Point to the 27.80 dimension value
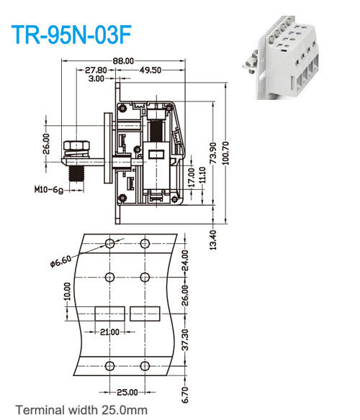pos(96,70)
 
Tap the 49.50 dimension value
pos(150,70)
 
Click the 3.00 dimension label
pos(96,78)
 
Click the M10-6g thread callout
pos(49,191)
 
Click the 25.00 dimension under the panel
pos(127,392)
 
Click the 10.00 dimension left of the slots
pos(67,291)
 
